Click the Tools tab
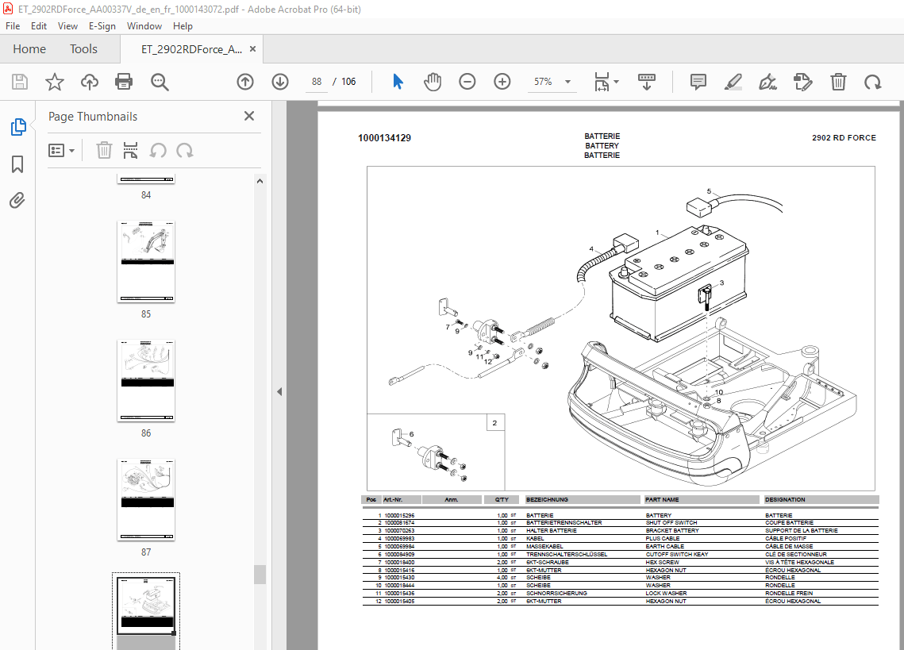click(x=83, y=49)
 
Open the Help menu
click(x=183, y=26)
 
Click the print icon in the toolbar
click(x=124, y=82)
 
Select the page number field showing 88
click(x=317, y=82)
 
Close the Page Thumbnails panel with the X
click(x=249, y=117)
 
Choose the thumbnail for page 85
click(x=146, y=261)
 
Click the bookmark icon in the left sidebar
click(x=17, y=164)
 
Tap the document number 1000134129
click(x=384, y=138)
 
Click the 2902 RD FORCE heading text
click(x=844, y=138)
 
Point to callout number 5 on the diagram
click(x=710, y=190)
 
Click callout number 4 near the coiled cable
click(x=591, y=249)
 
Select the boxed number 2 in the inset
click(x=494, y=423)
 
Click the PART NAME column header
click(x=662, y=500)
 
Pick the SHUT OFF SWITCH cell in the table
click(x=671, y=523)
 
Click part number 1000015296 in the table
click(x=399, y=516)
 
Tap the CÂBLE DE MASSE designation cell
click(x=789, y=547)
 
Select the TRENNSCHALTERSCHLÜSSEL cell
click(x=567, y=555)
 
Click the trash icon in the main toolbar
click(x=838, y=82)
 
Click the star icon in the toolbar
click(x=54, y=82)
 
